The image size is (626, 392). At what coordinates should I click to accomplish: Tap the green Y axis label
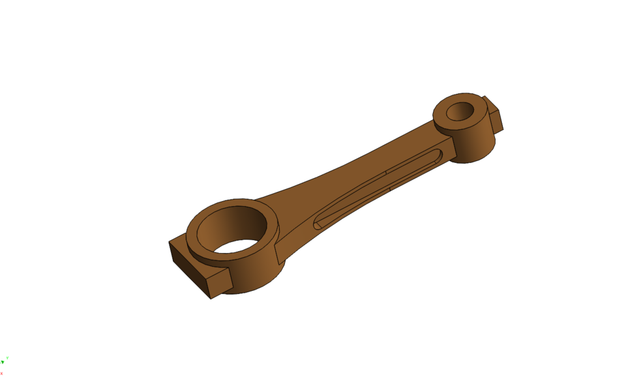(7, 358)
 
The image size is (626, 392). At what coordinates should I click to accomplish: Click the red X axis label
(2, 374)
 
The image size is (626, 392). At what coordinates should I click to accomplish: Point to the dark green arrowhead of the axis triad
(3, 362)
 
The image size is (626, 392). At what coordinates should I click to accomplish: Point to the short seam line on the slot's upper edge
(386, 173)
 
